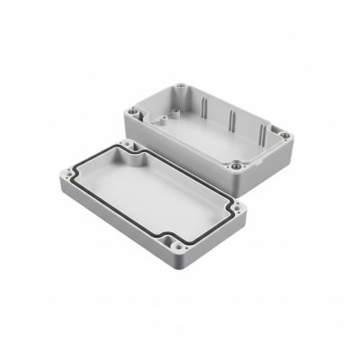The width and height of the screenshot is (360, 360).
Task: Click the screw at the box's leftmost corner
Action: (x=133, y=112)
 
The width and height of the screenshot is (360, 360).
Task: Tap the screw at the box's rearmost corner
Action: (x=181, y=87)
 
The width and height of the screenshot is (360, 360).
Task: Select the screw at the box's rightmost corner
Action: (x=284, y=137)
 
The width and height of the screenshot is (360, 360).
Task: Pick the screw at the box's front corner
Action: (x=237, y=166)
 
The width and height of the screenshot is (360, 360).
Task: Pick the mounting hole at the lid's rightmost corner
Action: (x=238, y=208)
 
